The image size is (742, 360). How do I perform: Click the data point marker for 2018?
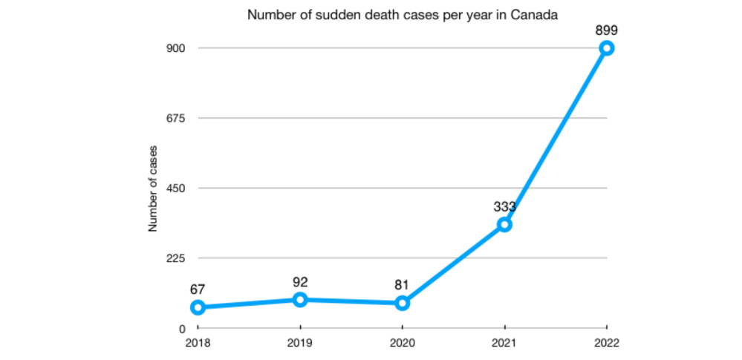click(x=198, y=307)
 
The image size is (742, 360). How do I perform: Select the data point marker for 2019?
click(x=300, y=299)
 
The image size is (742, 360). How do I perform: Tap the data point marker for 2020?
click(x=402, y=303)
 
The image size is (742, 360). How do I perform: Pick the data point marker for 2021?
click(x=504, y=224)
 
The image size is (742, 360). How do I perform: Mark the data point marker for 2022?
click(x=607, y=48)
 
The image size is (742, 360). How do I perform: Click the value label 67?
click(x=198, y=289)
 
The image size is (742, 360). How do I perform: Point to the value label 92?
click(x=300, y=282)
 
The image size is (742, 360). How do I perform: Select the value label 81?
click(x=402, y=285)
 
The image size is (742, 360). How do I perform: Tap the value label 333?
click(x=504, y=206)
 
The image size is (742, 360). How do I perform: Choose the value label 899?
click(x=607, y=30)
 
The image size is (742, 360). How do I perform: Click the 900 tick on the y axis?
click(x=175, y=48)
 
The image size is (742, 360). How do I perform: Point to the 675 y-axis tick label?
click(x=175, y=118)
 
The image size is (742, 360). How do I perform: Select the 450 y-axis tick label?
click(x=175, y=189)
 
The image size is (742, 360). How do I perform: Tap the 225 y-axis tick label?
click(x=175, y=258)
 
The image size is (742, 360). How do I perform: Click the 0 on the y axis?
click(x=180, y=329)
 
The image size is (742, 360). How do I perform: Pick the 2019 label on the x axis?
click(x=300, y=343)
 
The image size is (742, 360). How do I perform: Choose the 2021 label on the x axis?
click(x=504, y=343)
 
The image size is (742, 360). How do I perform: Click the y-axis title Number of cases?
click(x=153, y=189)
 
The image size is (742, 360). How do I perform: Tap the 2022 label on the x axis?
click(x=607, y=343)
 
